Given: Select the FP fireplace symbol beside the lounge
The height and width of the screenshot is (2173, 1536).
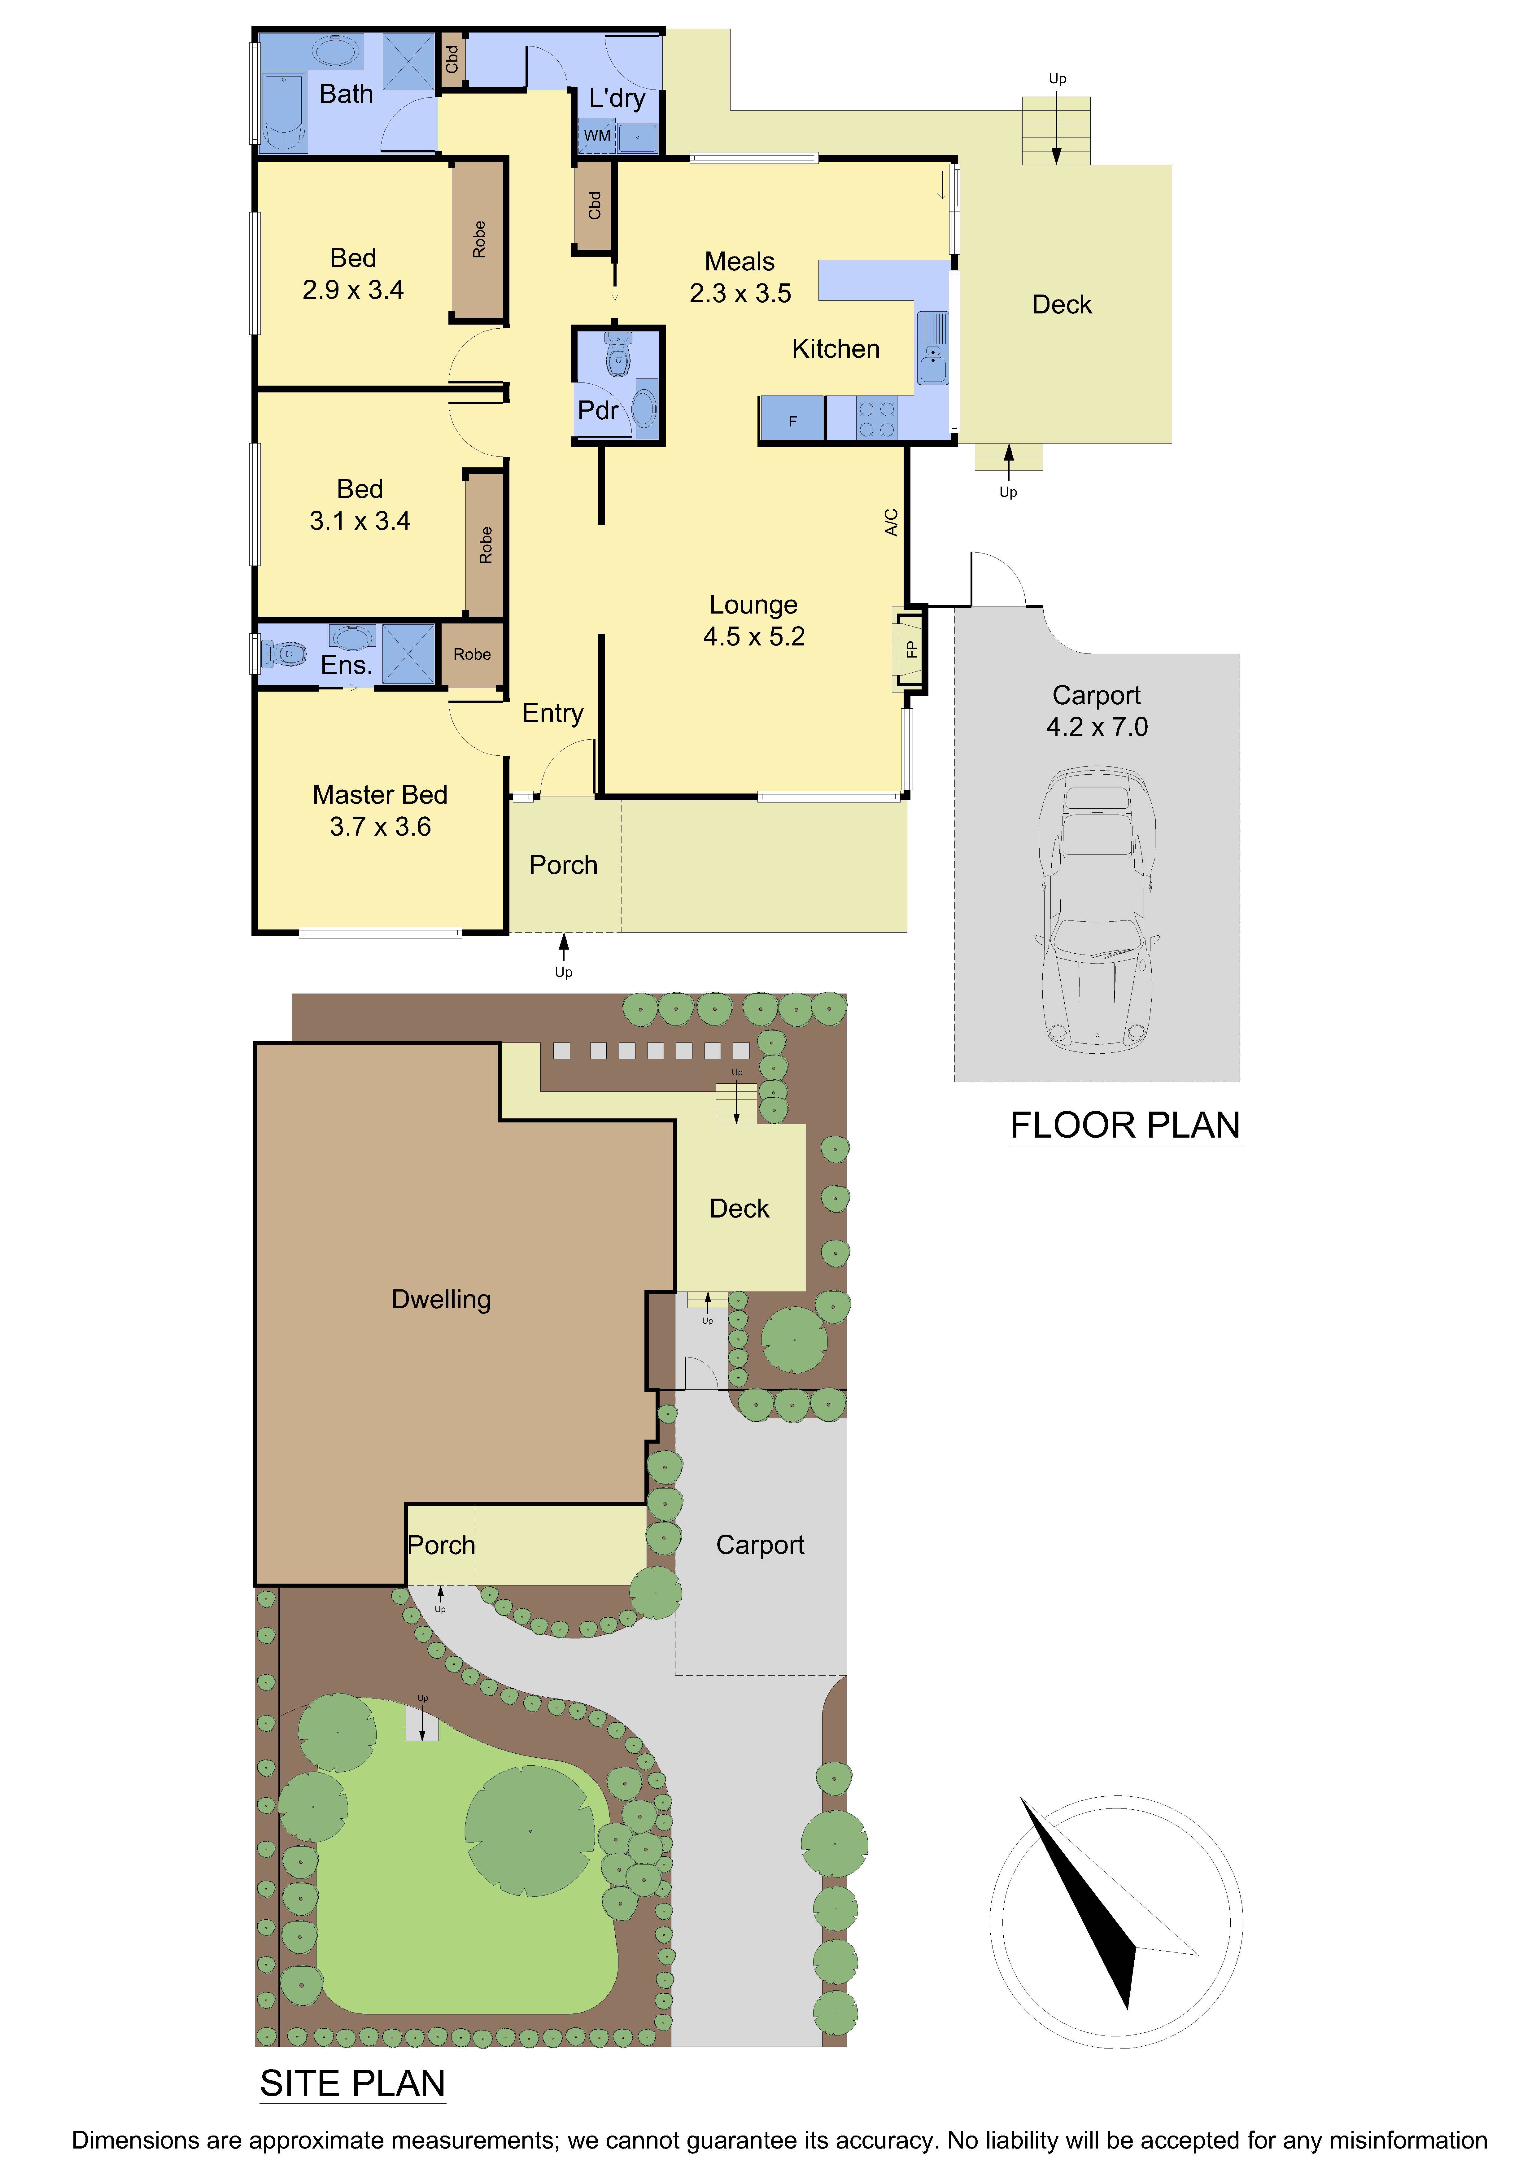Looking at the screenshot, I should (910, 649).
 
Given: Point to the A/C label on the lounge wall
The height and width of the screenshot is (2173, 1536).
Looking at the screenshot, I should (891, 522).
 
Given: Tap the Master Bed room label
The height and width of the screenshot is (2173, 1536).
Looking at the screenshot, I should (379, 795).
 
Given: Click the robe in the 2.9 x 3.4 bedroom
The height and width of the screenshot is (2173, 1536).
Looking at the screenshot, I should (479, 239).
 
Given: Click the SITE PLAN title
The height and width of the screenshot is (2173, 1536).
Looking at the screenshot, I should (352, 2084).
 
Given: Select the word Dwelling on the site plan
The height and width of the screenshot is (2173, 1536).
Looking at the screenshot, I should (441, 1300).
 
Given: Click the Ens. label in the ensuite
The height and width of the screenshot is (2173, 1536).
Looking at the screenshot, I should (347, 665).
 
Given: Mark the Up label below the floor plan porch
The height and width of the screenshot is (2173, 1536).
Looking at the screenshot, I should (564, 972).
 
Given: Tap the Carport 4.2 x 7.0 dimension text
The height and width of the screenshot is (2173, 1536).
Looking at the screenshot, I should (1097, 727).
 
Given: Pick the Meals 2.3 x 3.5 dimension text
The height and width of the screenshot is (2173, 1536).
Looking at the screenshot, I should (740, 293).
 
